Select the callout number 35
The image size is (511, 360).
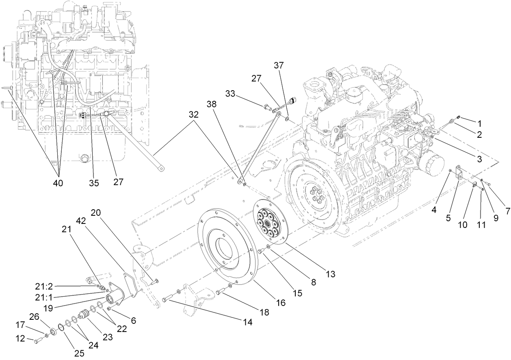coord(94,183)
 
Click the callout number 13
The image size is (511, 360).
coord(330,274)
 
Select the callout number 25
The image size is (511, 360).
coord(79,353)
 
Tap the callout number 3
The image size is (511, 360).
coord(479,160)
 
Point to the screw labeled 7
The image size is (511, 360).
coord(488,185)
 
